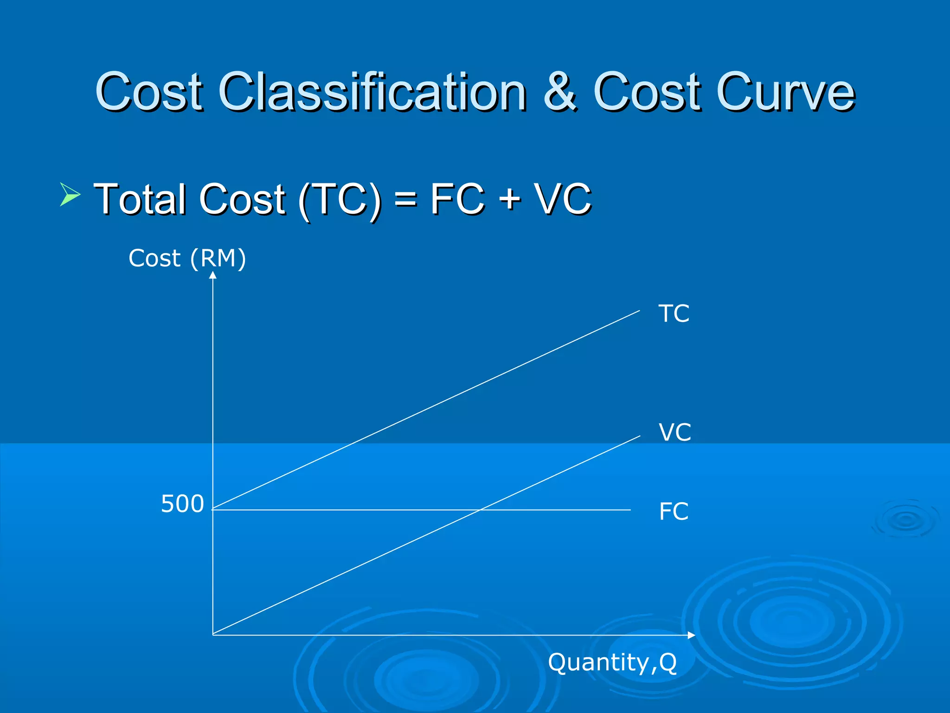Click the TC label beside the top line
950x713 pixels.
coord(674,314)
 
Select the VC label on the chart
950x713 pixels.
coord(674,433)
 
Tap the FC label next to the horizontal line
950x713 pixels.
coord(674,512)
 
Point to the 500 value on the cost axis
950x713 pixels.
coord(182,504)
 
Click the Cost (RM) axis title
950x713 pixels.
coord(187,258)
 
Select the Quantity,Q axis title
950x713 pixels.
coord(612,662)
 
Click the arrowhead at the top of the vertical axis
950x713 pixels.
coord(213,275)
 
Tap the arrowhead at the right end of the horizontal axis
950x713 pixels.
coord(692,635)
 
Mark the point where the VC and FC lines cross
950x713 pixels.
coord(480,510)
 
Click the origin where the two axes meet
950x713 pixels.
coord(213,635)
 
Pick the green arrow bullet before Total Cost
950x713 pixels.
coord(70,194)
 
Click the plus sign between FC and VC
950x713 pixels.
coord(510,200)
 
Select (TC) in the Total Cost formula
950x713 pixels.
coord(340,200)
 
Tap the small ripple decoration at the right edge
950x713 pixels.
coord(905,520)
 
